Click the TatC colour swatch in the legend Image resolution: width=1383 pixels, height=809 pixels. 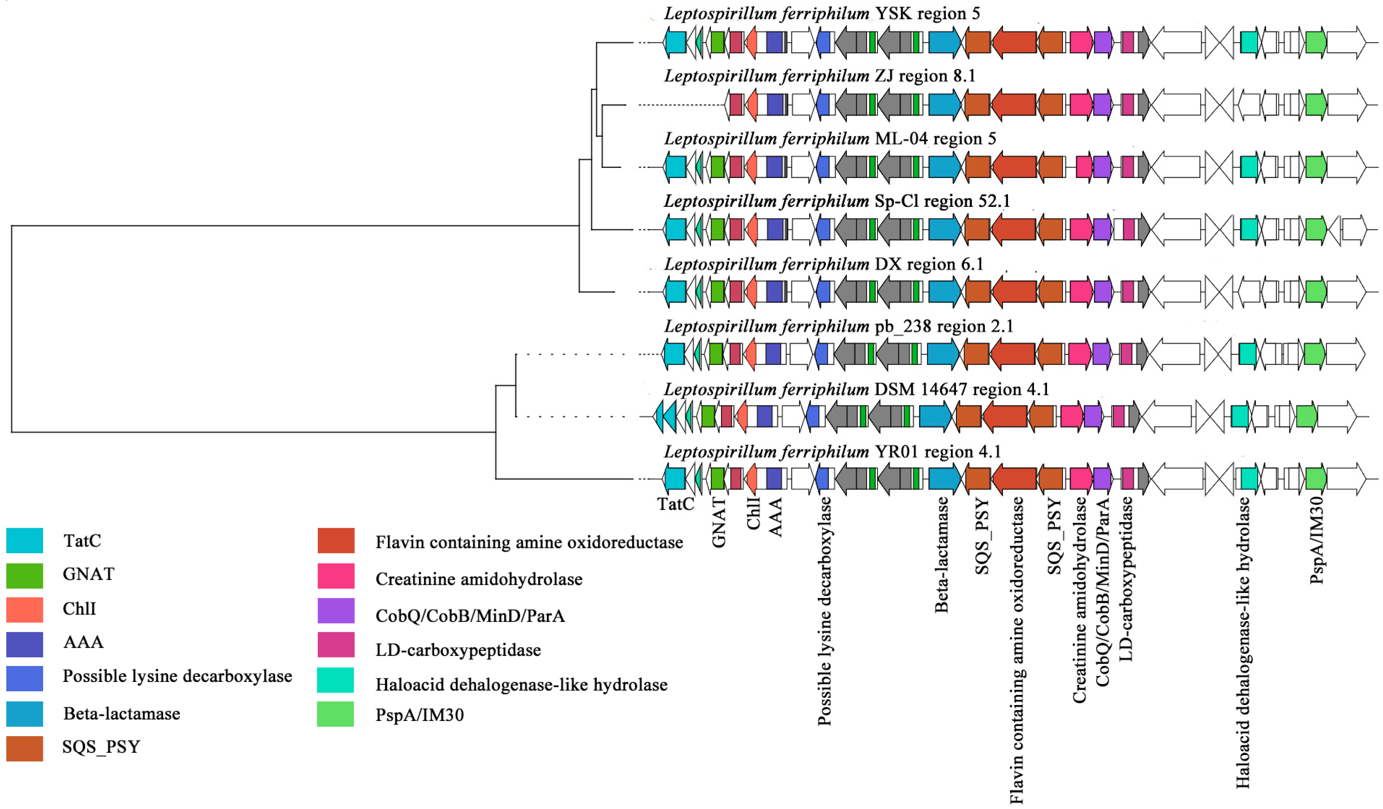pos(25,540)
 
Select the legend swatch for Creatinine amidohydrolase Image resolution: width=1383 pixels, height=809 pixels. pos(336,576)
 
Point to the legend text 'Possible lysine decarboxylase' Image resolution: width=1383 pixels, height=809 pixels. pos(177,676)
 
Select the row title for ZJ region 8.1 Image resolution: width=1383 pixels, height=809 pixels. pos(819,76)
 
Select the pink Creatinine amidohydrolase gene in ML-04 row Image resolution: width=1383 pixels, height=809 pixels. pos(1083,167)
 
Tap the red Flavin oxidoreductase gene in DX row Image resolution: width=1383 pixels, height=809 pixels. pos(1014,291)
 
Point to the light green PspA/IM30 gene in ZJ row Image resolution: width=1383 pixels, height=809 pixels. pos(1315,105)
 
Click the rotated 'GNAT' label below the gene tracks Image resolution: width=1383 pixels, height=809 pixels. pos(718,522)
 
